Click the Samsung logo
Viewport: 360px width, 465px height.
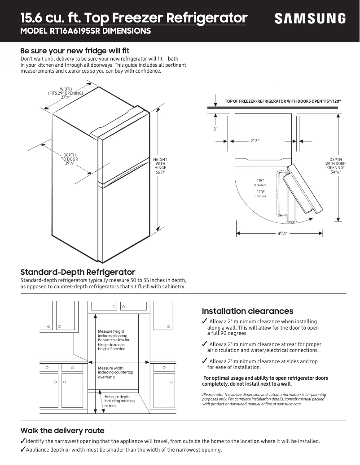pyautogui.click(x=310, y=18)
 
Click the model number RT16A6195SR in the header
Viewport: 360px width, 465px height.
pyautogui.click(x=85, y=31)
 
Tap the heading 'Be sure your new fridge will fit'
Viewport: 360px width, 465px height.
pyautogui.click(x=75, y=51)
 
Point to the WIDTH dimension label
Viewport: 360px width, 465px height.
pyautogui.click(x=66, y=93)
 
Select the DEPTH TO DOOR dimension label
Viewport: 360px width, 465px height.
pyautogui.click(x=70, y=159)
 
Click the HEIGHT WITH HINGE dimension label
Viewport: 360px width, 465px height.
pyautogui.click(x=160, y=166)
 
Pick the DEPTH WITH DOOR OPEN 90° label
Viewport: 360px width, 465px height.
pyautogui.click(x=335, y=165)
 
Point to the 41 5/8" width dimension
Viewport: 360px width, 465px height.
pyautogui.click(x=282, y=234)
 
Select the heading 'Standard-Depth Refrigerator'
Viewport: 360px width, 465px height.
pyautogui.click(x=78, y=272)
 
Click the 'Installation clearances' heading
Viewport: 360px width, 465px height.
pyautogui.click(x=247, y=311)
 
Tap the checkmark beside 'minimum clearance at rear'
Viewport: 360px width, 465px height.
pyautogui.click(x=205, y=344)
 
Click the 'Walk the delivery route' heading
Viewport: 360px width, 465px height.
pyautogui.click(x=62, y=430)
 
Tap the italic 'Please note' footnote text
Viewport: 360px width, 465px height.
pyautogui.click(x=264, y=399)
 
